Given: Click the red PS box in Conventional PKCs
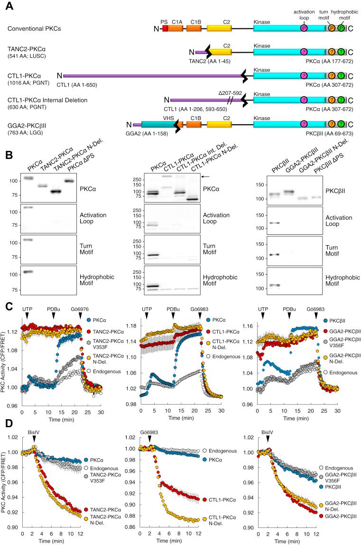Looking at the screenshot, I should pyautogui.click(x=165, y=28).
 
